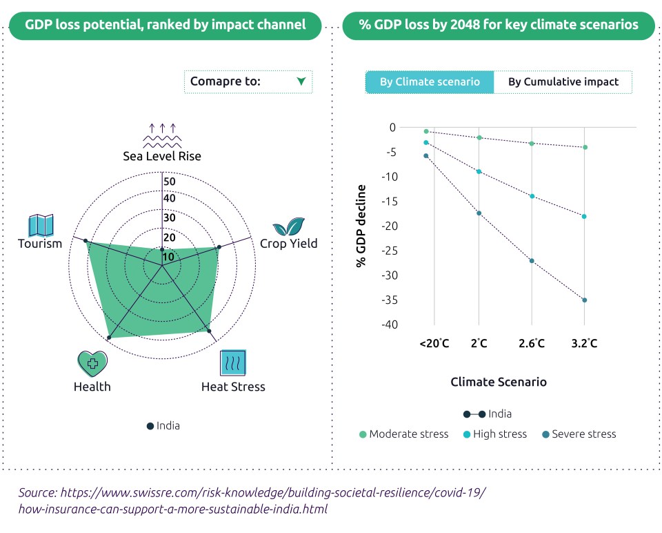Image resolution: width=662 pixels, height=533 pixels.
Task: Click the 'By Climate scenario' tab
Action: pyautogui.click(x=430, y=81)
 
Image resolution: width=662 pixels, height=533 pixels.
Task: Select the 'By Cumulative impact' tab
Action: pyautogui.click(x=563, y=81)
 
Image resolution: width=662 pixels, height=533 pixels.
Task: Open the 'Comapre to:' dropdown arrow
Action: pyautogui.click(x=301, y=81)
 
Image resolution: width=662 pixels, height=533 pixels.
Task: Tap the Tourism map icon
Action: pyautogui.click(x=41, y=225)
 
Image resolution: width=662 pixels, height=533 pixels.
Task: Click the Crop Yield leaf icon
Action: pyautogui.click(x=288, y=226)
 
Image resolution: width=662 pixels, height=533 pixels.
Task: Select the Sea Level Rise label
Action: pyautogui.click(x=162, y=156)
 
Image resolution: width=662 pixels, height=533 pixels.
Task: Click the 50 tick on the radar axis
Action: pyautogui.click(x=170, y=182)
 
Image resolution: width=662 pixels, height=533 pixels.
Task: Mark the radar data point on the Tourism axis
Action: pyautogui.click(x=86, y=240)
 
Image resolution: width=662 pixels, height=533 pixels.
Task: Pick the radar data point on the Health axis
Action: pyautogui.click(x=109, y=338)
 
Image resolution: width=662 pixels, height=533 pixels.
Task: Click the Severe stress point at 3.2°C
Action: pyautogui.click(x=584, y=300)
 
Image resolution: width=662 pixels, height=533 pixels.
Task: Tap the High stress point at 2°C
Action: pyautogui.click(x=479, y=171)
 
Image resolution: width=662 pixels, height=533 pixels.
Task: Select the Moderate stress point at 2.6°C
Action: pyautogui.click(x=532, y=143)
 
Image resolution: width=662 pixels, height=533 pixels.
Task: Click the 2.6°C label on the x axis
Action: pyautogui.click(x=532, y=343)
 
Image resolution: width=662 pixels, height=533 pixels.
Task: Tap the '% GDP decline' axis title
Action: pyautogui.click(x=361, y=226)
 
